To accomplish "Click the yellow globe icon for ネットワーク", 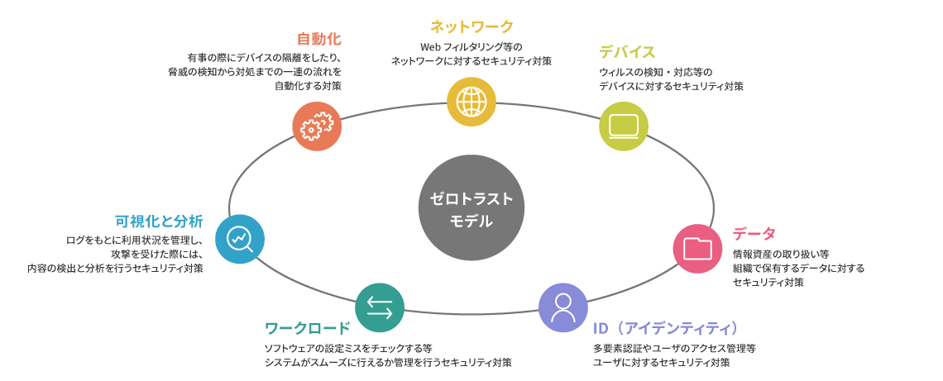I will coord(471,102).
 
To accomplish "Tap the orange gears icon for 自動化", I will coord(317,126).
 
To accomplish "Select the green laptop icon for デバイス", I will coord(623,126).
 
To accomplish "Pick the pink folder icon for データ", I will coord(697,249).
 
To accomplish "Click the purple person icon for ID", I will coord(563,307).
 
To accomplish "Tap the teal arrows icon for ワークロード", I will coord(380,307).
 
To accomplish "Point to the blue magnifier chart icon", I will coord(240,239).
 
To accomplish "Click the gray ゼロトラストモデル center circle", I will coord(471,208).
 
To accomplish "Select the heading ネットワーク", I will coord(471,27).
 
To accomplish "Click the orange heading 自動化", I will coord(319,40).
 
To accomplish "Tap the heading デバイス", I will coord(627,53).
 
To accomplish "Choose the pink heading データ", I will coord(754,234).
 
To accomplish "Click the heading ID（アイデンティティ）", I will coord(666,328).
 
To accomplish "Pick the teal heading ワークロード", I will coord(307,328).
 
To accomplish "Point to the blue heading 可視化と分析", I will coord(159,221).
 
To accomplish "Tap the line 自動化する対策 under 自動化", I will coord(308,86).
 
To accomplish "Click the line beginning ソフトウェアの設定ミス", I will coord(347,348).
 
